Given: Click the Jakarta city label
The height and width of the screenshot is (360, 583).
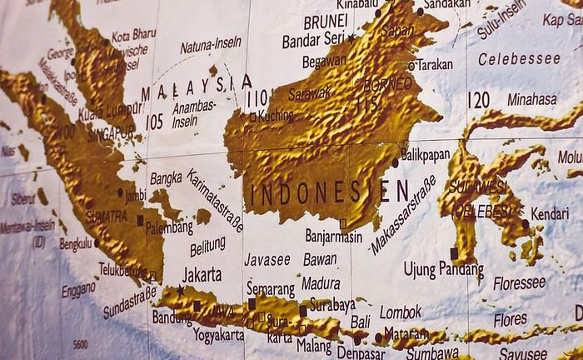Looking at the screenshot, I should (202, 273).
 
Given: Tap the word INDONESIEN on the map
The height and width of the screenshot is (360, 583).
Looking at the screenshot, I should (330, 192).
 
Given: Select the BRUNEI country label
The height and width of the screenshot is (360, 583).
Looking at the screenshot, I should (325, 22).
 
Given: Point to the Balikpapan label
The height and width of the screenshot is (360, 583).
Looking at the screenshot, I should (425, 154).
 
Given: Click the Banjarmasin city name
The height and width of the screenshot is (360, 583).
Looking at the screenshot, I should (333, 236).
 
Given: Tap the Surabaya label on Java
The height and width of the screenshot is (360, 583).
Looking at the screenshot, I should (331, 305).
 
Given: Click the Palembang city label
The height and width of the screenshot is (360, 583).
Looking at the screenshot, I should (168, 227).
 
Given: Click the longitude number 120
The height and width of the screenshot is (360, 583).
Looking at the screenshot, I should (478, 100).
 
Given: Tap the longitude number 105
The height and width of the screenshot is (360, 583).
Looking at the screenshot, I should (154, 122).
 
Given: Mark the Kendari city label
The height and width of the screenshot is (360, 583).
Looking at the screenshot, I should (550, 213).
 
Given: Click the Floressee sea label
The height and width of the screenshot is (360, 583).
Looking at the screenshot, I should (519, 283).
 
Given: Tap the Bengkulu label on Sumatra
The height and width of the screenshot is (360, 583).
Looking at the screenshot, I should (75, 244).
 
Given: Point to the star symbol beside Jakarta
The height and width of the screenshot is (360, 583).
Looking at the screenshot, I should (180, 290).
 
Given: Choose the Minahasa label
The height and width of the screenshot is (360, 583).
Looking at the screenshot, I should (531, 99).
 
